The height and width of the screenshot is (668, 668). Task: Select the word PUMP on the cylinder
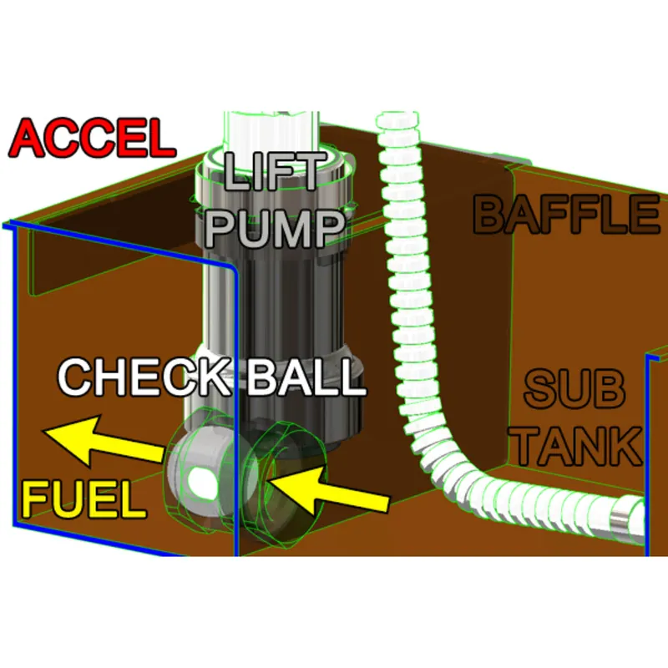coord(274,225)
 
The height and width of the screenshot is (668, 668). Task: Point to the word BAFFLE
coord(565,215)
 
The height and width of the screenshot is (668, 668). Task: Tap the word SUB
coord(574,390)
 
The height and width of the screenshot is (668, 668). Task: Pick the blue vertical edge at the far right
coord(649,451)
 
